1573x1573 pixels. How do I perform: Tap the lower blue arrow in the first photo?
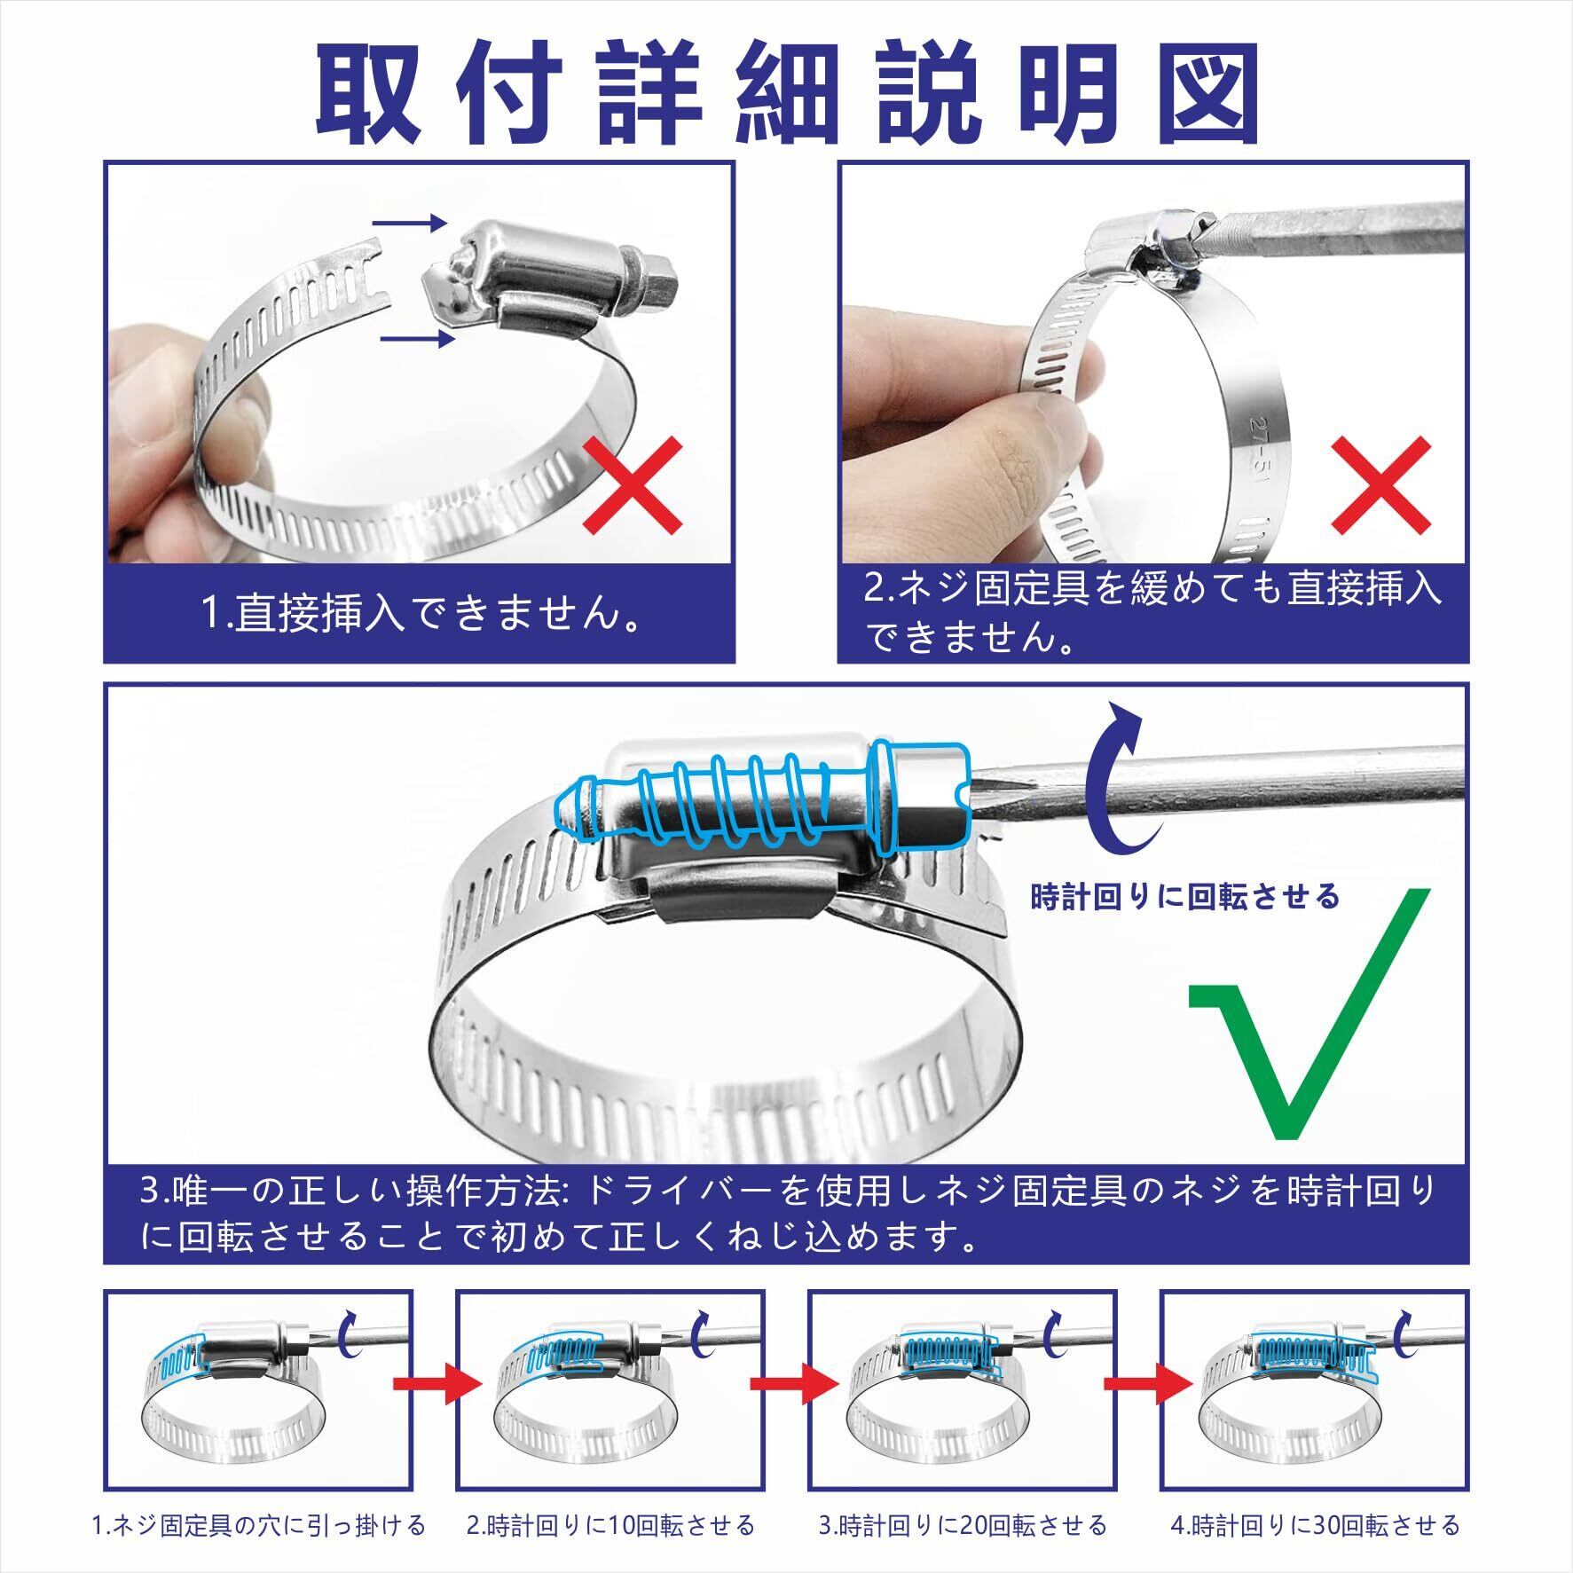click(417, 339)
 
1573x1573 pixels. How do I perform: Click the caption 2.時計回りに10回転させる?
click(611, 1525)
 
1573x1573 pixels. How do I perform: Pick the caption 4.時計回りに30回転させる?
click(1316, 1525)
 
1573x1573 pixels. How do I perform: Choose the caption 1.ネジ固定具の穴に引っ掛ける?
click(259, 1525)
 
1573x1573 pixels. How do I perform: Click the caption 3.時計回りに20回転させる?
click(963, 1525)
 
